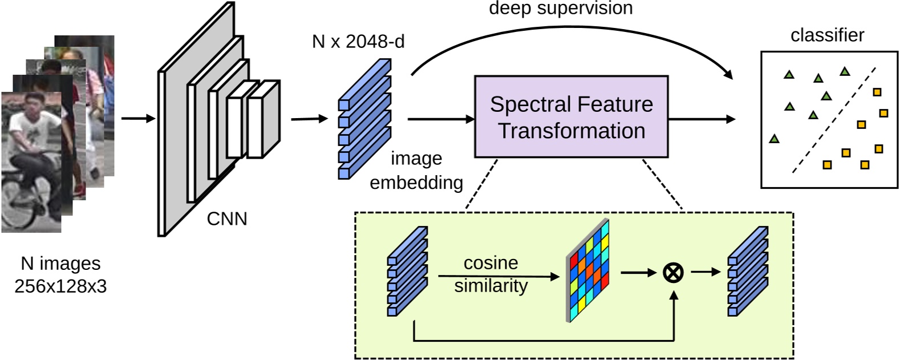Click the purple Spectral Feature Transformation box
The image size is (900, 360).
point(571,116)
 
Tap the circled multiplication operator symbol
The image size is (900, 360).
point(673,273)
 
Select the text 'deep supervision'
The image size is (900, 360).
point(561,8)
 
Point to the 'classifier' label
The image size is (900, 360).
point(827,35)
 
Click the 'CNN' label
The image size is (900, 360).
point(227,219)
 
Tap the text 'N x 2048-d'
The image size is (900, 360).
point(358,42)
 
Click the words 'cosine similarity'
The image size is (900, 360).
point(490,274)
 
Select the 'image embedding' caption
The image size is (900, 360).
point(416,170)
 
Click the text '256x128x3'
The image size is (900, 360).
point(60,286)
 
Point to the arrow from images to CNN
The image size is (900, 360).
point(138,119)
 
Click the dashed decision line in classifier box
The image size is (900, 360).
point(834,120)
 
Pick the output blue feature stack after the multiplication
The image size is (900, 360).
point(748,272)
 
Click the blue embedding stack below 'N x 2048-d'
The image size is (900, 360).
point(364,120)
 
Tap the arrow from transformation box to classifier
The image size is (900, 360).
point(702,119)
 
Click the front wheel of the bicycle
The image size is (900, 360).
point(17,205)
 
